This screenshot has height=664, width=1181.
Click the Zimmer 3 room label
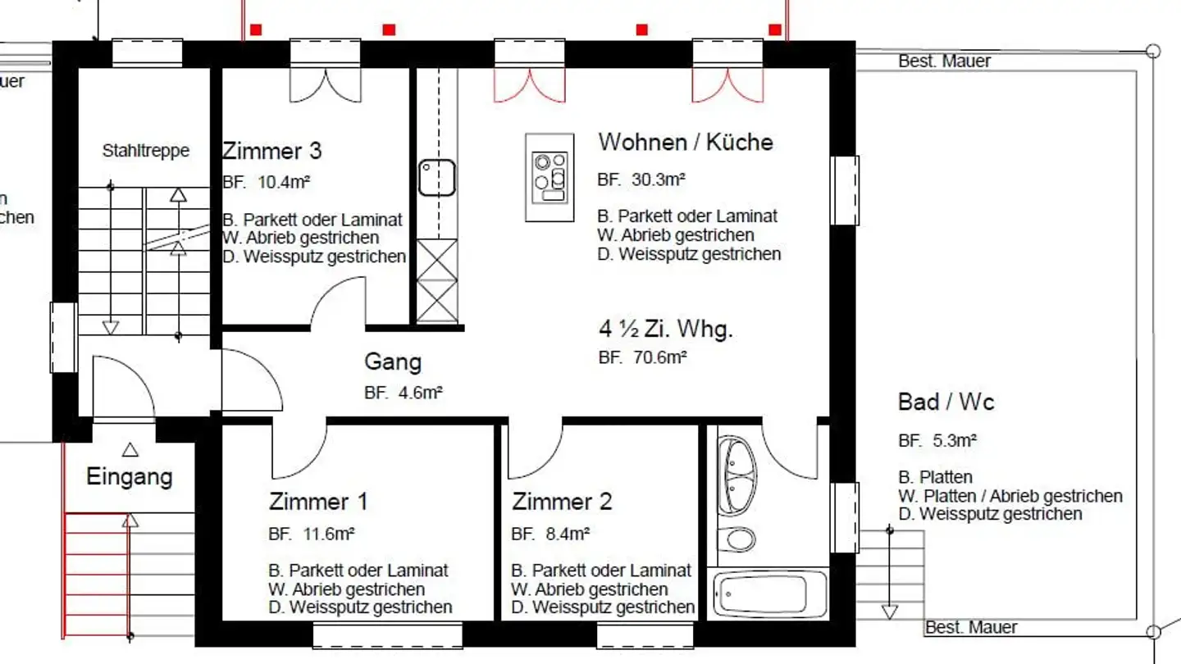point(271,151)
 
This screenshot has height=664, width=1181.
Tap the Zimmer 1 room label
point(318,501)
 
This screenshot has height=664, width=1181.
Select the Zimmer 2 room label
point(562,501)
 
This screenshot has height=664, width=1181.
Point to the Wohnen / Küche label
point(686,142)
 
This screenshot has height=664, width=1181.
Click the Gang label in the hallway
point(393,362)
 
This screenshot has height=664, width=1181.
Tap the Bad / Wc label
point(946,402)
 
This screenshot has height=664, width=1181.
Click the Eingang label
point(130,476)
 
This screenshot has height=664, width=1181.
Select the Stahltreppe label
point(145,151)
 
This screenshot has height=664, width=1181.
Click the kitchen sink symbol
point(436,178)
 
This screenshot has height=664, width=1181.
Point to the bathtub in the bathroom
point(770,593)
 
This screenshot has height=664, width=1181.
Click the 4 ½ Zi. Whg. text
point(665,330)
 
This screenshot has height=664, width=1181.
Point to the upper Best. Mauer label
point(944,61)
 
